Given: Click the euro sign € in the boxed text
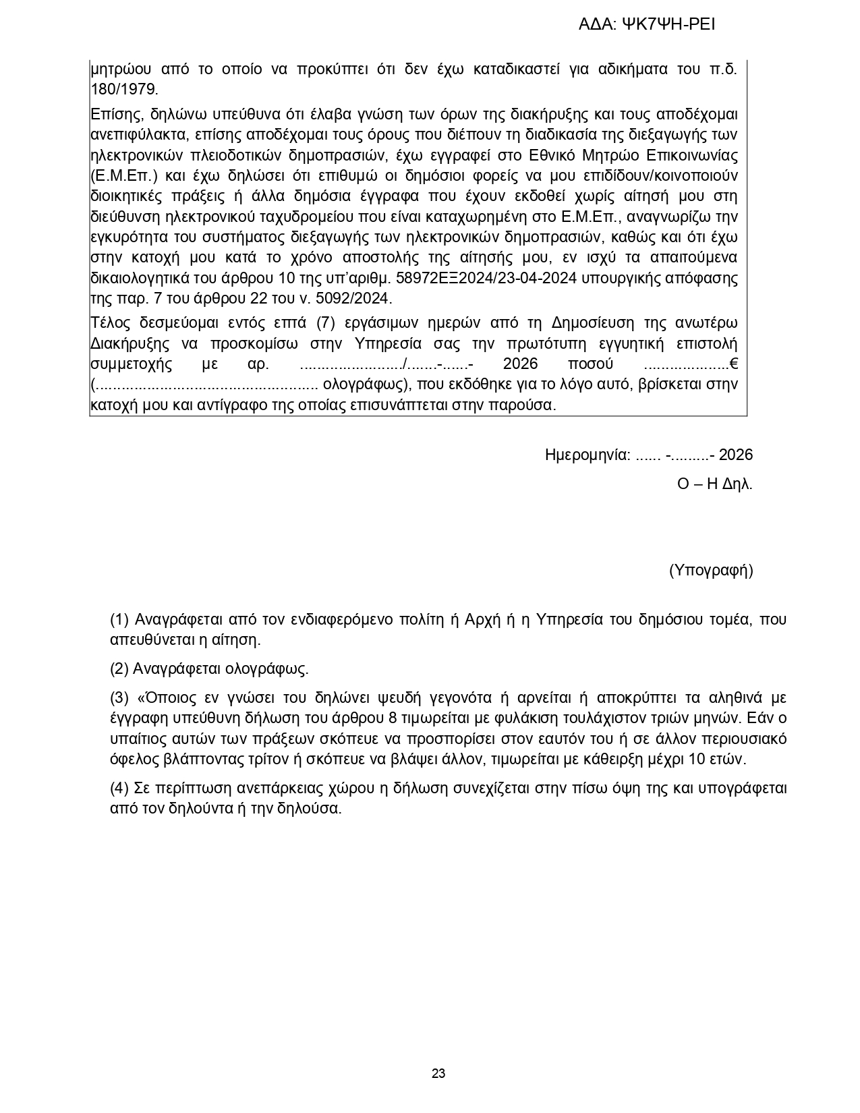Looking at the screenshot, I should pos(733,364).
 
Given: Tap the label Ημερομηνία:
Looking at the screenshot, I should pos(587,455).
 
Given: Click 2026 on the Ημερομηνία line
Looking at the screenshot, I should pos(736,455).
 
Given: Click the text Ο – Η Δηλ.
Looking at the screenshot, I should pos(715,484).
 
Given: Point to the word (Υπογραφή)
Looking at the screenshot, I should pos(711,571).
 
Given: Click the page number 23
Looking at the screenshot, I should pos(438,1074).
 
